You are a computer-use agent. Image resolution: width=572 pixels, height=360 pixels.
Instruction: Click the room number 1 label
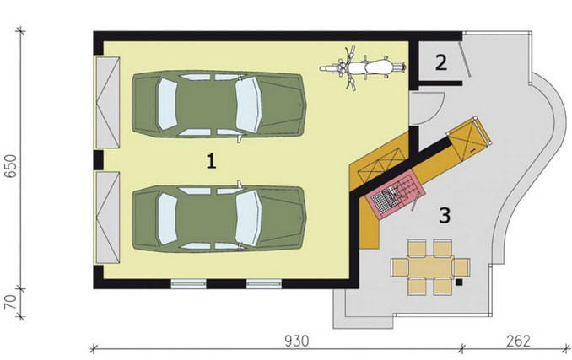click(x=211, y=161)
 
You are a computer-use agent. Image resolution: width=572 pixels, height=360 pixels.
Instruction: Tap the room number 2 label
click(x=441, y=62)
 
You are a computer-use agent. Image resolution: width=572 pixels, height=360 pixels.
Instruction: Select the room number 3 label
click(x=445, y=215)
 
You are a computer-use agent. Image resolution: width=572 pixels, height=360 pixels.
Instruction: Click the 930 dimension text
click(x=297, y=341)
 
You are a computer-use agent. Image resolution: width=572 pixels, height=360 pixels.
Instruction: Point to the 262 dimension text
click(x=518, y=341)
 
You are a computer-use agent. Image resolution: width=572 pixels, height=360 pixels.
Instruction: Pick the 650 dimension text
click(x=11, y=166)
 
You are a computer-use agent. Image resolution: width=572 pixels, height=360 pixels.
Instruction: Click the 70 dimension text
click(x=11, y=302)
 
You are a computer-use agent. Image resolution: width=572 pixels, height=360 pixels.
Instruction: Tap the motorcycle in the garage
click(x=363, y=67)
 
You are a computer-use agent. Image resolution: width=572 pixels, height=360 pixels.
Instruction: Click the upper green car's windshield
click(x=248, y=105)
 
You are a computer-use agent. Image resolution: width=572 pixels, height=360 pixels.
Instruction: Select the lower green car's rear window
click(x=167, y=218)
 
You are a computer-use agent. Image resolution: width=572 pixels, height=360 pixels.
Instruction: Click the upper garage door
click(x=108, y=102)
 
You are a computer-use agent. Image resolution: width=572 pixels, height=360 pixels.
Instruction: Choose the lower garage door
click(x=108, y=218)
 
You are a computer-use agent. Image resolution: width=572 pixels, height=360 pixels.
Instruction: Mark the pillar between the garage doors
click(x=98, y=160)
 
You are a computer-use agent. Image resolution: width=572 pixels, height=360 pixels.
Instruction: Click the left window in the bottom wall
click(x=189, y=284)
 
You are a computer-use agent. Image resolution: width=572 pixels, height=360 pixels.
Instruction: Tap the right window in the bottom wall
click(x=264, y=284)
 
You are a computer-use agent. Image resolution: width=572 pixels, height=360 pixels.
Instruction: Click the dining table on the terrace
click(x=430, y=266)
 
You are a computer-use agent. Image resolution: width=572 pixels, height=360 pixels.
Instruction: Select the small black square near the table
click(x=459, y=282)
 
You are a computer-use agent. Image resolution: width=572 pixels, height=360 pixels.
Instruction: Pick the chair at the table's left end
click(x=399, y=267)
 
